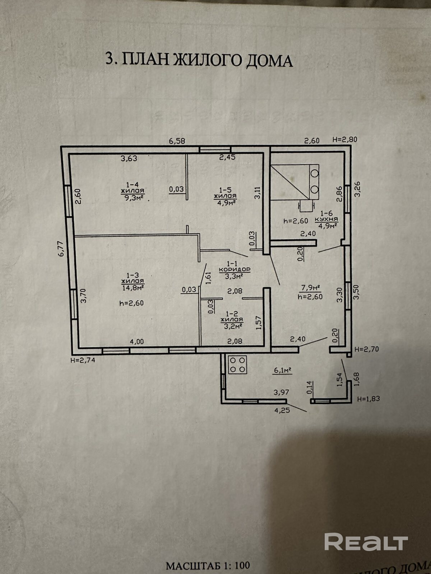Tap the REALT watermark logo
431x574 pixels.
(366, 542)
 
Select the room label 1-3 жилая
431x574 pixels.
(133, 278)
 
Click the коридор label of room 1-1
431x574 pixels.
(235, 269)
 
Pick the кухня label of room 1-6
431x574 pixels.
(326, 219)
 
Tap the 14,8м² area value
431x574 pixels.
(133, 287)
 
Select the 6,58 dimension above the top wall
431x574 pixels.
(177, 141)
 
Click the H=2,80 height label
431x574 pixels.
(345, 140)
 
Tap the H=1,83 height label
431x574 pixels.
(368, 399)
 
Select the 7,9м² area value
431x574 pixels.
(311, 287)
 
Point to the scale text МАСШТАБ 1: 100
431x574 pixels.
(208, 566)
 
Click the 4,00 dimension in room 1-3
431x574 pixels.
(136, 342)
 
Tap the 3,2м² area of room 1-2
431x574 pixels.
(232, 326)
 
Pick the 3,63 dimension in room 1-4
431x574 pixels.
(129, 159)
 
